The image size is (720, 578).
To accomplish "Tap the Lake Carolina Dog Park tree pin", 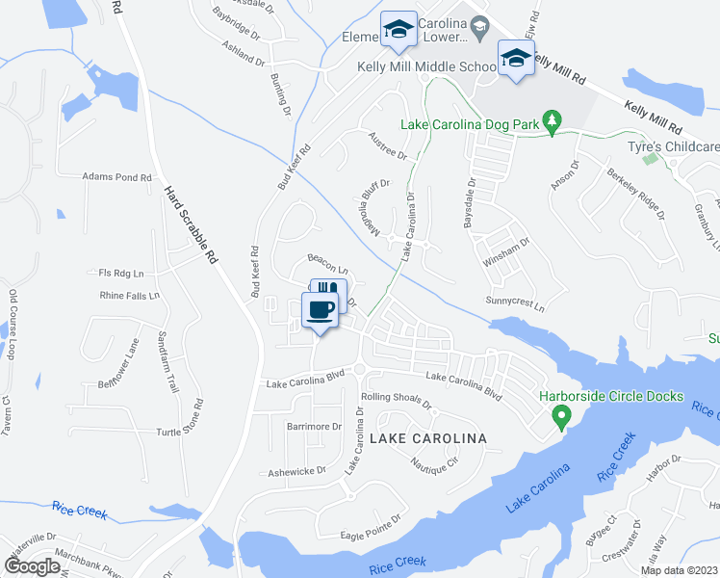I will [x=552, y=120].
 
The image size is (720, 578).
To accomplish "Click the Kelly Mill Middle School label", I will [x=426, y=66].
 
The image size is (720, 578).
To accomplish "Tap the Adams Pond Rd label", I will [x=117, y=177].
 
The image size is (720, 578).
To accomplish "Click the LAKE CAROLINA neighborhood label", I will [x=428, y=438].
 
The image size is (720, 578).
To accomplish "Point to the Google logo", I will [x=32, y=565].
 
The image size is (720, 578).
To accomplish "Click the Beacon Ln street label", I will [x=326, y=258].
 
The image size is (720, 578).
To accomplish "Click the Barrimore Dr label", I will [x=314, y=427].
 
